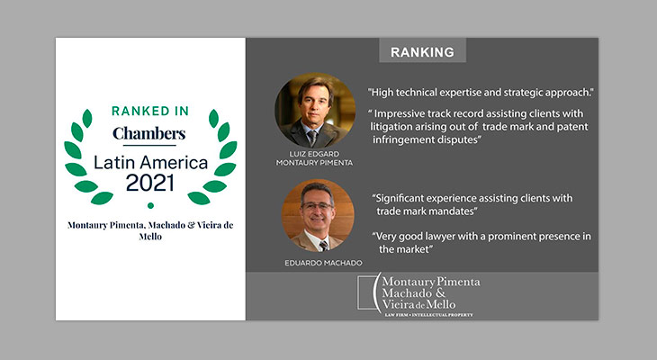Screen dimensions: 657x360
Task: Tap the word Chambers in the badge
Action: click(149, 133)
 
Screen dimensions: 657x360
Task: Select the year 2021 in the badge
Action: click(149, 183)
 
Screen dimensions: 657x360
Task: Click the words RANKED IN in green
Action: click(150, 111)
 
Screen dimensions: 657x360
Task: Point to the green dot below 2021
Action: click(150, 205)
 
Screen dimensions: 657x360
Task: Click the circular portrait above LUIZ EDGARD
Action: click(315, 110)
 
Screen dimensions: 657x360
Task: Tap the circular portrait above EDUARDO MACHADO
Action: click(318, 215)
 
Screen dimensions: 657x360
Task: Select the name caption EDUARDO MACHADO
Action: click(323, 263)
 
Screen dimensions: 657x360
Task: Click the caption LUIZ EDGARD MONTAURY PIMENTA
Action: click(314, 158)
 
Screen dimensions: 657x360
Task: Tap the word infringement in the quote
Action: click(398, 139)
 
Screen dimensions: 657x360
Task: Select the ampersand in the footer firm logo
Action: click(440, 292)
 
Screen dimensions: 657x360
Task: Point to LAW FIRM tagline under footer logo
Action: click(428, 315)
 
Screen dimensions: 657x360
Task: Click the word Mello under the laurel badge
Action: click(150, 237)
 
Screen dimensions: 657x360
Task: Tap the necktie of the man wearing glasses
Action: click(323, 246)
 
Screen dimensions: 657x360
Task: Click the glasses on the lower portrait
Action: click(317, 206)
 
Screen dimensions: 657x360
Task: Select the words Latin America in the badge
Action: click(150, 163)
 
